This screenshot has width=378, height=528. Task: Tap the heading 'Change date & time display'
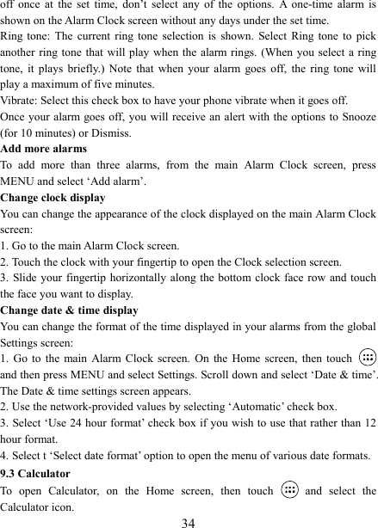tap(69, 310)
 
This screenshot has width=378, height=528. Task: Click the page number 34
tap(189, 521)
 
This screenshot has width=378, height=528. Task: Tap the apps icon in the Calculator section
tap(289, 491)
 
